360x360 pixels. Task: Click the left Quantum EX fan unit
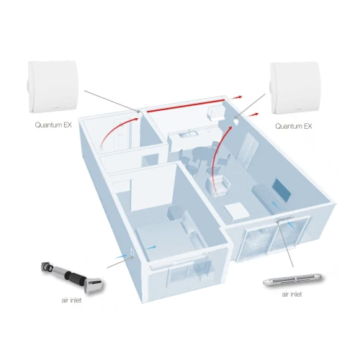point(52,87)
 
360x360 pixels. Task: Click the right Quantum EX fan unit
point(294,88)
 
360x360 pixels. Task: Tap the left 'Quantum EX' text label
point(53,125)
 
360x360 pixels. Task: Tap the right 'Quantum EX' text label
point(294,126)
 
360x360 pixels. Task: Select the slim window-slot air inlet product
point(292,279)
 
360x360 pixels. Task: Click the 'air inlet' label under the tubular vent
point(71,300)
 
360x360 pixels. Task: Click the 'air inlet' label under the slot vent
point(292,294)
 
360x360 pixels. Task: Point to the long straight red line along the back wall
point(186,105)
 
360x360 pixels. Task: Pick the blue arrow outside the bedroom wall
point(121,257)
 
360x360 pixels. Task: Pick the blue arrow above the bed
point(151,248)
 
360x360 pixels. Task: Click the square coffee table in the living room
point(237,211)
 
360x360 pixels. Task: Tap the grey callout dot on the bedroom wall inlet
point(132,257)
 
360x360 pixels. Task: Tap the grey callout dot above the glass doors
point(278,222)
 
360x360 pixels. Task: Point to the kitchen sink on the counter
point(185,134)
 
